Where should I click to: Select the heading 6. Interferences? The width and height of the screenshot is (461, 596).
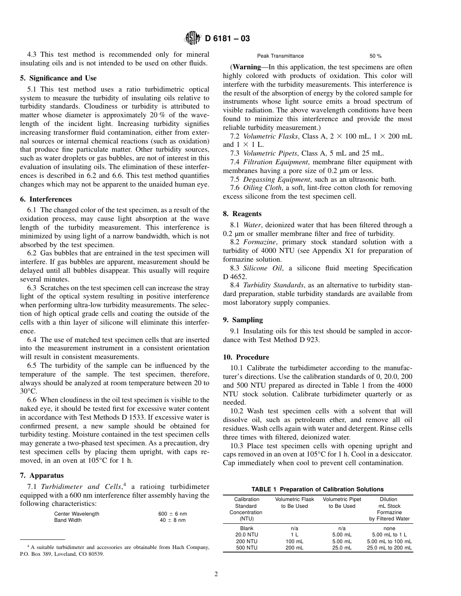pos(50,199)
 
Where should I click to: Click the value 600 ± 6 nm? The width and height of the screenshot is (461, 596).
pos(172,514)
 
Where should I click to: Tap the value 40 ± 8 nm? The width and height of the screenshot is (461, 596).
pos(172,520)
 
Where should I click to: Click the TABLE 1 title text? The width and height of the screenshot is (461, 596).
pos(317,489)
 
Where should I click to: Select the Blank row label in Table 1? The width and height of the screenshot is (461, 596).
pos(247,528)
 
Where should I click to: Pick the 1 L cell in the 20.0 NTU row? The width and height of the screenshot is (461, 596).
pos(294,534)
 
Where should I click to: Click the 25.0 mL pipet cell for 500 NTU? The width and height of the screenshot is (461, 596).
pos(342,548)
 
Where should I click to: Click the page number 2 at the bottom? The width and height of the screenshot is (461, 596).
pos(216,575)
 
